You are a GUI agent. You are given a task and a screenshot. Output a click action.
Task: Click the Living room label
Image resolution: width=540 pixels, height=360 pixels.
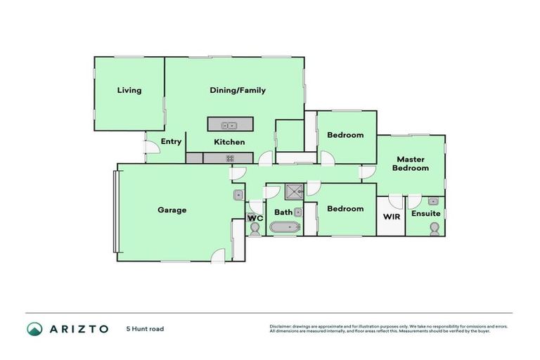pyautogui.click(x=129, y=90)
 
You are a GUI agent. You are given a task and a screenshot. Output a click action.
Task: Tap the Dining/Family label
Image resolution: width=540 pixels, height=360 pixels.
pyautogui.click(x=238, y=90)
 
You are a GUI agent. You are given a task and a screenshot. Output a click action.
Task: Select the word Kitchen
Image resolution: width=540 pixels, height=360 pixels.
pyautogui.click(x=229, y=142)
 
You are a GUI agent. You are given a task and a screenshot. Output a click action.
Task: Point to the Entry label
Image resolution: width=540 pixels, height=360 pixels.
pyautogui.click(x=171, y=141)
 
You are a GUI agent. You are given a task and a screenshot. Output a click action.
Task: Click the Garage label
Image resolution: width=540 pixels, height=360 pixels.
pyautogui.click(x=172, y=210)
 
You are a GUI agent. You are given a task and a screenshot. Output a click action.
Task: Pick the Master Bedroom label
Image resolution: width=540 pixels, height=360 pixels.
pyautogui.click(x=411, y=164)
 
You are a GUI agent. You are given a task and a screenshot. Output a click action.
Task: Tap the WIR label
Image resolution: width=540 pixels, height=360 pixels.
pyautogui.click(x=391, y=216)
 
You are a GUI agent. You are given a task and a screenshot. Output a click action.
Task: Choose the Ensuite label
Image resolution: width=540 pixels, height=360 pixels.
pyautogui.click(x=425, y=213)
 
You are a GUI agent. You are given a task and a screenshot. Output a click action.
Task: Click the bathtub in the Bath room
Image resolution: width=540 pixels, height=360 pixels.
pyautogui.click(x=285, y=227)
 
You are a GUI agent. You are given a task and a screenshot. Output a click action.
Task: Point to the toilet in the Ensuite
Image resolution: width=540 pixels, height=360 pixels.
pyautogui.click(x=435, y=229)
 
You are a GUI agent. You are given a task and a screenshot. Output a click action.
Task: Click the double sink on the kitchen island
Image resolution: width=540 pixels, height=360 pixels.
pyautogui.click(x=229, y=126)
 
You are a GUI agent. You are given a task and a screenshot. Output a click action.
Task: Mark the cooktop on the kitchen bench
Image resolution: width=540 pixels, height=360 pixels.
pyautogui.click(x=229, y=158)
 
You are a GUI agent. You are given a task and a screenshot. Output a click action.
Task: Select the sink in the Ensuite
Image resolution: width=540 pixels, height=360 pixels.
pyautogui.click(x=433, y=202)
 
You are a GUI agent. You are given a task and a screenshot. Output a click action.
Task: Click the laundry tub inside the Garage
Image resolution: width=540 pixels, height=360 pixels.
pyautogui.click(x=239, y=195)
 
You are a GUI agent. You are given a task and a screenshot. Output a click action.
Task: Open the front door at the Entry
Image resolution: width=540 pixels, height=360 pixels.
pyautogui.click(x=150, y=147)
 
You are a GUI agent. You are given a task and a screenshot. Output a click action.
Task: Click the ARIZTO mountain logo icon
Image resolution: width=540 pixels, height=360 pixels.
pyautogui.click(x=34, y=328)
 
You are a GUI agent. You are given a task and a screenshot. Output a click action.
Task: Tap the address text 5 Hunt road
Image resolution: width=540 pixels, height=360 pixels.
pyautogui.click(x=145, y=328)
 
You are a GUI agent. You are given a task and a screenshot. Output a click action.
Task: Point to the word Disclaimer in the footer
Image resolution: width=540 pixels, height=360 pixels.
pyautogui.click(x=281, y=326)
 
